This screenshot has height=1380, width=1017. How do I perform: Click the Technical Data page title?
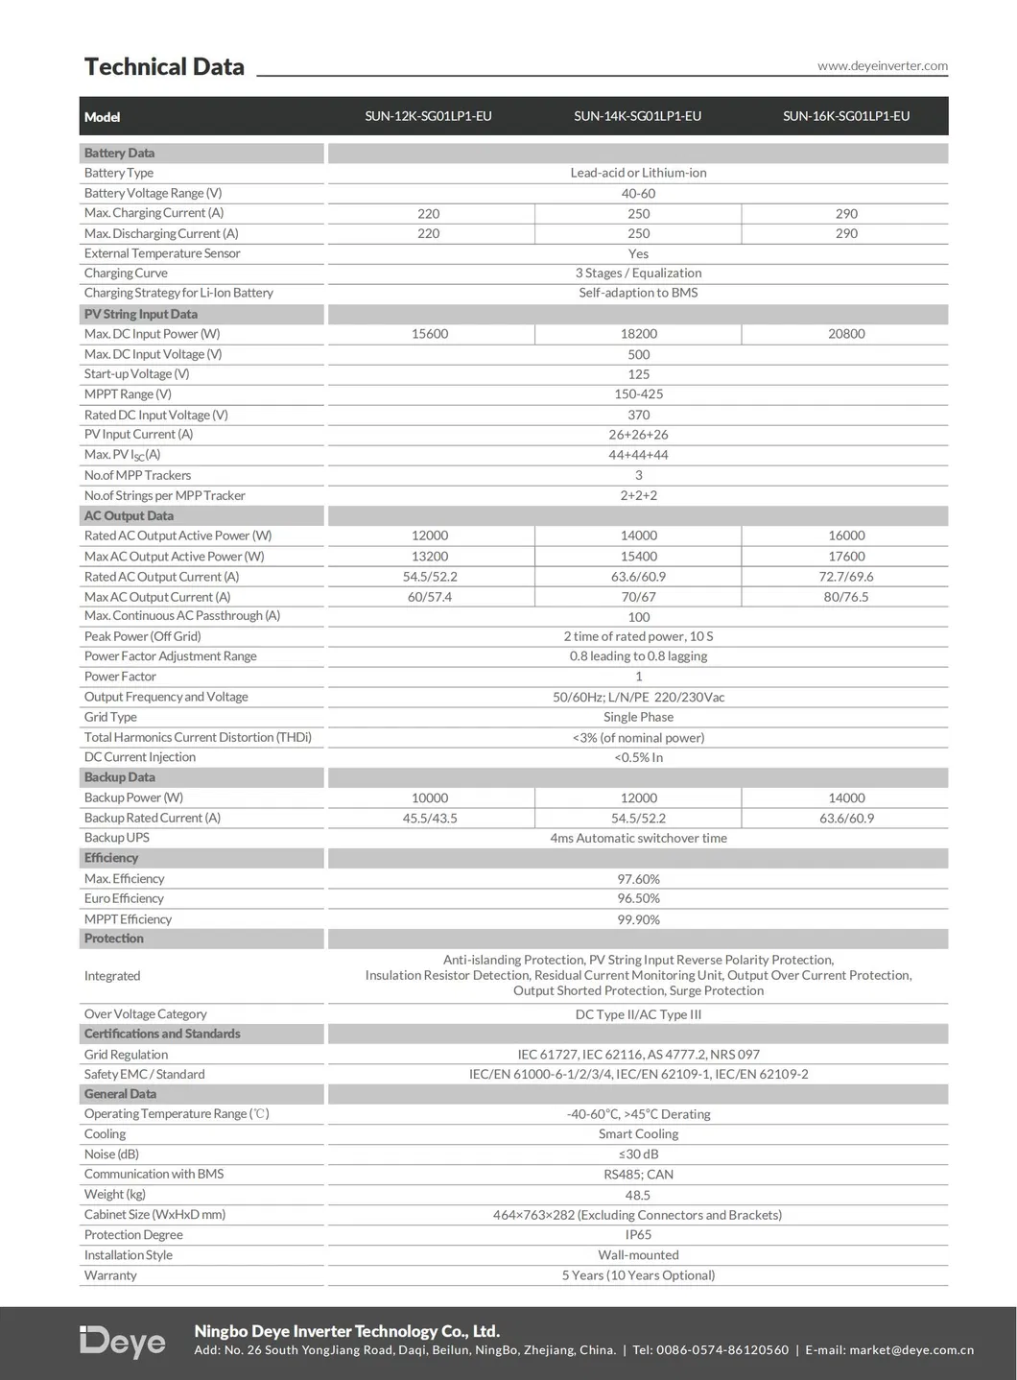(164, 67)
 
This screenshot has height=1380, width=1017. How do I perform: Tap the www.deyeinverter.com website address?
(882, 66)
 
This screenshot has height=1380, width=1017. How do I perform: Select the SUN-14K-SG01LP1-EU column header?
(637, 116)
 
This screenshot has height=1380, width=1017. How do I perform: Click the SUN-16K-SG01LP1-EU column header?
(846, 116)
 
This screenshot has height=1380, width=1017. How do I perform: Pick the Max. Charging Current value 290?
(846, 214)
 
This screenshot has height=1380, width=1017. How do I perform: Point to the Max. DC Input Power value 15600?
(430, 334)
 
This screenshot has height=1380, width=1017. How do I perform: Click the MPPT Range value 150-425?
(638, 394)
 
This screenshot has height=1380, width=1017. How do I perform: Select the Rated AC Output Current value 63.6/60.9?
(638, 577)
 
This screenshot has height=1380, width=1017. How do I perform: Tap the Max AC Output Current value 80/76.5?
(846, 597)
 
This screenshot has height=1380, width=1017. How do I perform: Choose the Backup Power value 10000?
(430, 798)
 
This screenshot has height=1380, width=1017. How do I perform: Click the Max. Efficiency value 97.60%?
(638, 879)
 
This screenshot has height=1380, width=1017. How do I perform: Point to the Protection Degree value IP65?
(638, 1235)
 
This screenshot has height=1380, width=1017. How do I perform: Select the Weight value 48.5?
(638, 1195)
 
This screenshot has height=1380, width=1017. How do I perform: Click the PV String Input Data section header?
(141, 314)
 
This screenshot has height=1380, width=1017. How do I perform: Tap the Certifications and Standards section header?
(162, 1034)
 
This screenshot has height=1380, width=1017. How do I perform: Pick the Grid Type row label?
(110, 717)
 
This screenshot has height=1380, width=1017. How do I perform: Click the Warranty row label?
(110, 1275)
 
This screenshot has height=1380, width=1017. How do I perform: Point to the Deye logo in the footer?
(123, 1341)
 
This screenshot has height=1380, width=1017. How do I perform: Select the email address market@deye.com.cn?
(911, 1350)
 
